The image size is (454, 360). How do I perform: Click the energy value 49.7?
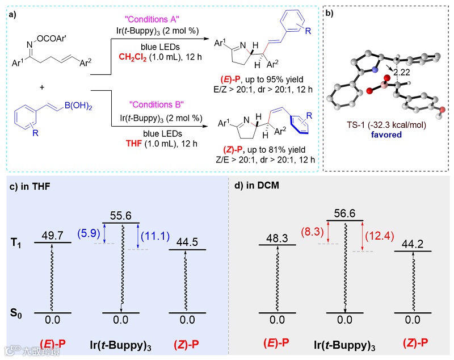click(x=53, y=235)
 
